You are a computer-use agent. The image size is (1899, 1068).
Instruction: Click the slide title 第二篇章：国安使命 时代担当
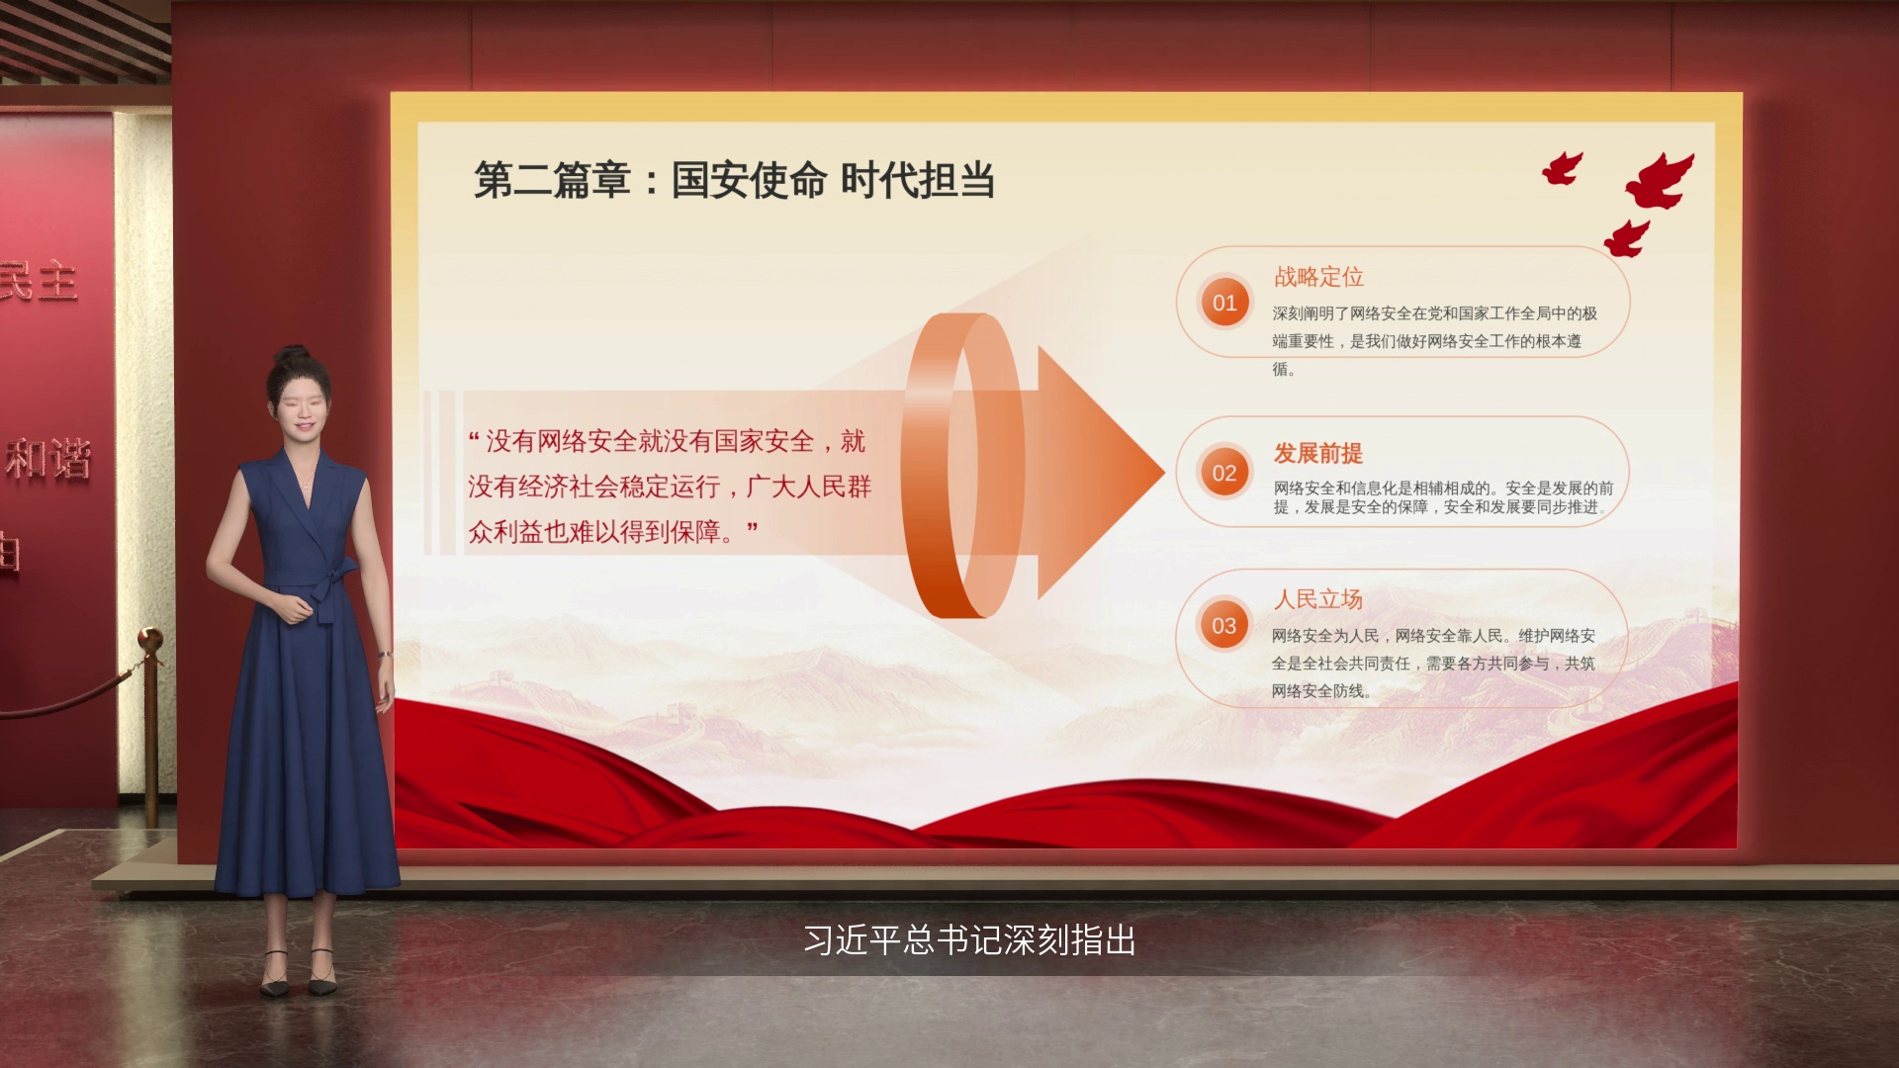(734, 180)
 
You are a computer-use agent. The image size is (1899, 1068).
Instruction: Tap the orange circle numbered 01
(1224, 303)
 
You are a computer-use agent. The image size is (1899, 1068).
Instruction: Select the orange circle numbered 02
(1224, 473)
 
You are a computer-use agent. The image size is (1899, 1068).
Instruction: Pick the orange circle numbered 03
(1224, 625)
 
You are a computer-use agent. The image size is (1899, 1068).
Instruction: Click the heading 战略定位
(1318, 277)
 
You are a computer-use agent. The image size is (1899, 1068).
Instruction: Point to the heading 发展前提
(1318, 453)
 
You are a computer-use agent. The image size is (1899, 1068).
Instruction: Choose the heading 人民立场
(1318, 599)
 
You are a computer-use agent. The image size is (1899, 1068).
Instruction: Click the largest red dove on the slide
(1661, 181)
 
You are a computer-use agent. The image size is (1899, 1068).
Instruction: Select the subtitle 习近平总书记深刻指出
(969, 939)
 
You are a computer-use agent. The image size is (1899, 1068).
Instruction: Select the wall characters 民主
(38, 282)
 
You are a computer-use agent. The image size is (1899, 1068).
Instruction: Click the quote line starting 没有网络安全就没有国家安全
(667, 441)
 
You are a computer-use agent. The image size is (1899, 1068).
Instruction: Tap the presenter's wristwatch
(384, 655)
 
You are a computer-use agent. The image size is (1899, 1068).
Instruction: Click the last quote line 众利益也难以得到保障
(613, 532)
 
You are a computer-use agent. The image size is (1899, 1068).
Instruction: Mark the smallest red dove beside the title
(1563, 169)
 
